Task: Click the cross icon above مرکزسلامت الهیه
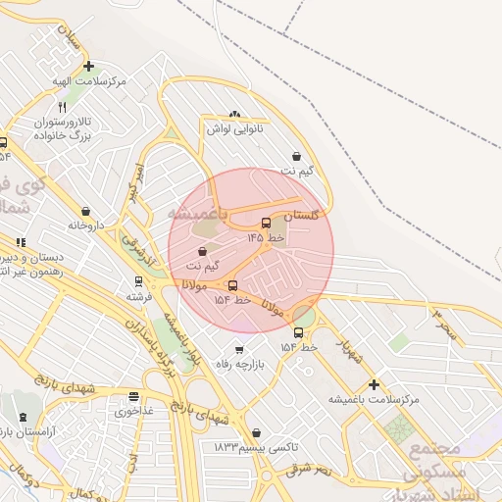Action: pos(89,67)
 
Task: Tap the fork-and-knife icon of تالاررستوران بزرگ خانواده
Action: pos(62,106)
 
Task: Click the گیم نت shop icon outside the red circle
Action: pos(296,156)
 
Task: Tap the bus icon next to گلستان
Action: pos(267,222)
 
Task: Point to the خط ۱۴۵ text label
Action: pos(266,237)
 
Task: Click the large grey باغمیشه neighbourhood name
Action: pos(196,213)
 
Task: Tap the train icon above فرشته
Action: pos(134,280)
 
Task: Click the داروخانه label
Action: pos(85,226)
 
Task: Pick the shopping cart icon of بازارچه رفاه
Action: pos(238,349)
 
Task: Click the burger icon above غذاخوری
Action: pos(133,396)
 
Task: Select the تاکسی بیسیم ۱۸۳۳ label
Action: pos(256,447)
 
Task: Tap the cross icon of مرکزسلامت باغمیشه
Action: pos(373,384)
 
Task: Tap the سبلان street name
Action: pos(70,39)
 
